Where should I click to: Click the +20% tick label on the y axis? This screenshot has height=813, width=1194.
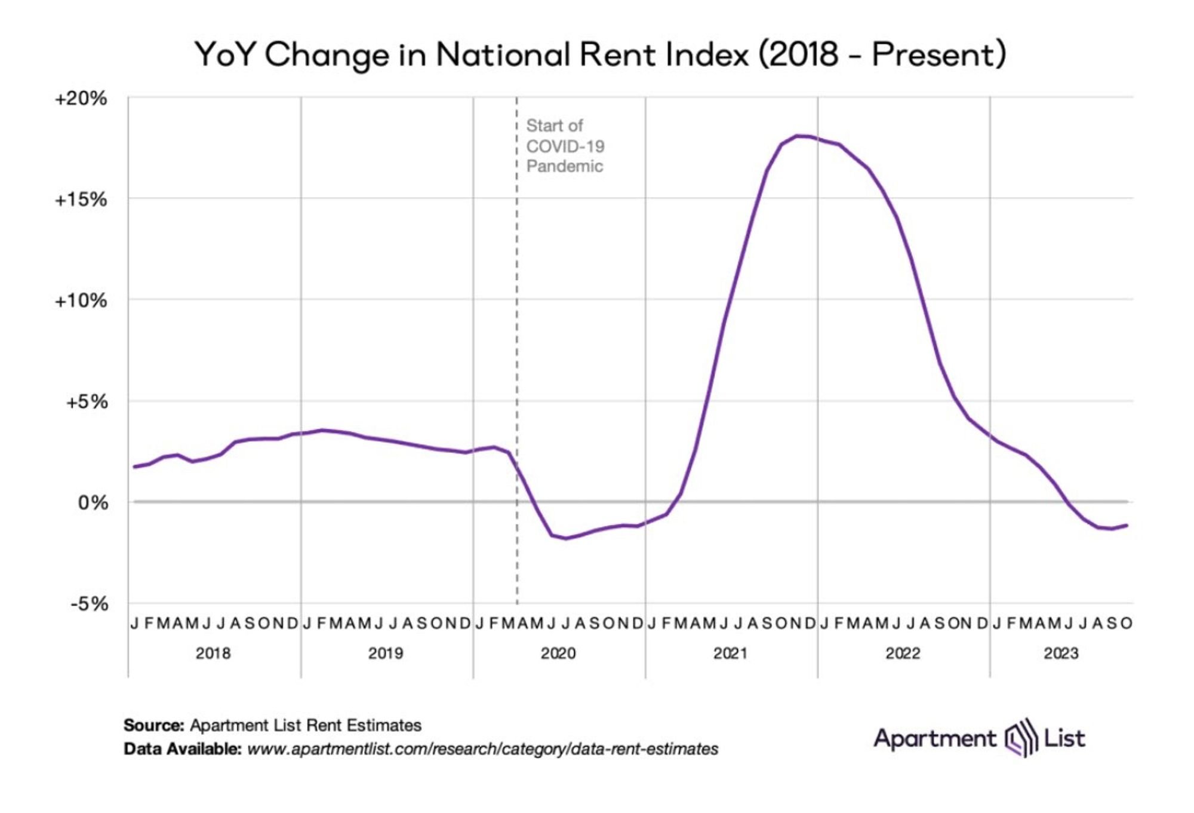pos(81,99)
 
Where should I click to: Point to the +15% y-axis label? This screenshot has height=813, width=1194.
pos(81,200)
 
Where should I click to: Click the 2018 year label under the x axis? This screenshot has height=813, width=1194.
pos(213,654)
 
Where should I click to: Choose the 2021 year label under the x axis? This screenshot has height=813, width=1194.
pos(731,654)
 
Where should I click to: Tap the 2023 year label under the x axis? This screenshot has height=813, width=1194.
pos(1061,654)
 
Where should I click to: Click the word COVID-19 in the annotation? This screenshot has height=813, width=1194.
pos(565,146)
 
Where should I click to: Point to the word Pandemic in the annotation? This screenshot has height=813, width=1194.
pos(564,166)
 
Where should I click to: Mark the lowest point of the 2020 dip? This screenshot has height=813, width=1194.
pos(566,538)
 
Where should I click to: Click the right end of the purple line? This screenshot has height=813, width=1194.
pos(1127,525)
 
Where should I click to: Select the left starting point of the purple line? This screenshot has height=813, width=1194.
pos(134,467)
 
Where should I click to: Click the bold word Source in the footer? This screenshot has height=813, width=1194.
pos(153,725)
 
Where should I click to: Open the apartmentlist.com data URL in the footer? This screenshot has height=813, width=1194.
pos(482,749)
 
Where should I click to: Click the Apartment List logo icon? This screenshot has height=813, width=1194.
pos(1019,738)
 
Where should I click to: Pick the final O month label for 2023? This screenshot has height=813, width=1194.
pos(1127,624)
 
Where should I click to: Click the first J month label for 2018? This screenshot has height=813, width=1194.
pos(134,624)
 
